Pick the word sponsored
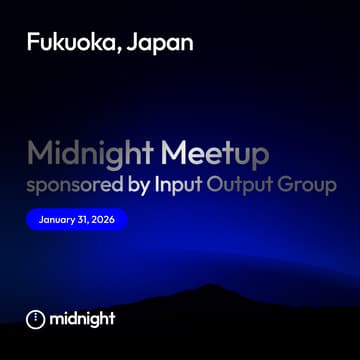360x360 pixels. tap(76, 186)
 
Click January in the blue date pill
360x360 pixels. tap(58, 219)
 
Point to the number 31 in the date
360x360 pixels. tap(84, 219)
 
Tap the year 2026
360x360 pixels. tap(104, 219)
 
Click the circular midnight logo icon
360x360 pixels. tap(35, 319)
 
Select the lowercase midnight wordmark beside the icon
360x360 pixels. tap(83, 319)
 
